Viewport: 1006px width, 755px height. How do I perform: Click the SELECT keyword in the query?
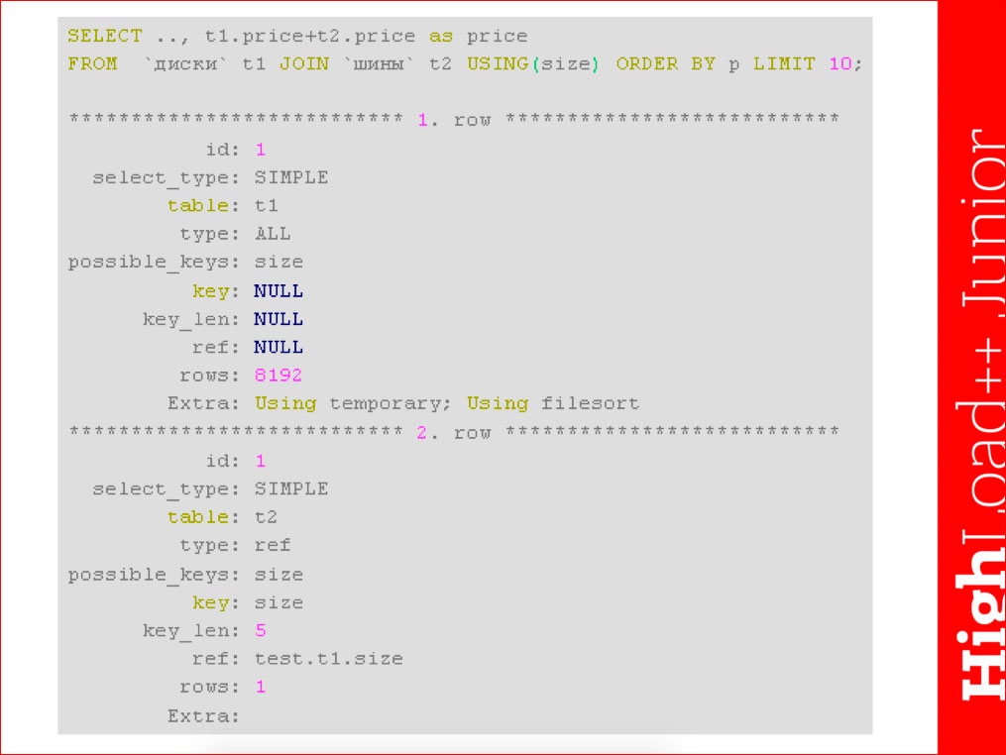point(105,36)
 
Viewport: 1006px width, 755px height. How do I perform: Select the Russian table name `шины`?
point(380,64)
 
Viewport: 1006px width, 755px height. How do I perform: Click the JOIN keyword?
point(304,63)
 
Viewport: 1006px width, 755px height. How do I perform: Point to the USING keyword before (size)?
point(498,63)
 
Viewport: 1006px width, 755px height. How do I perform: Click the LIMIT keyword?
point(784,63)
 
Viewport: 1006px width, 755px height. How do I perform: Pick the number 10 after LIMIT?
point(839,63)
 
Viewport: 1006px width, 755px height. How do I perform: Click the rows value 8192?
point(278,376)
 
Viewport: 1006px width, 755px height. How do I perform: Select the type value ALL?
point(273,234)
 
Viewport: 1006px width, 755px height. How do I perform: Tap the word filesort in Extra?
point(590,403)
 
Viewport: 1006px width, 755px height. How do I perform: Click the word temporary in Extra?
point(386,404)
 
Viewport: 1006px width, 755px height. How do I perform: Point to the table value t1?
point(267,206)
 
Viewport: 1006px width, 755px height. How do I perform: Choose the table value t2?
point(267,517)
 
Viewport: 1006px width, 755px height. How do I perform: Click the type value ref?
point(273,545)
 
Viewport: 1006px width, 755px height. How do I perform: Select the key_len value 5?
point(261,630)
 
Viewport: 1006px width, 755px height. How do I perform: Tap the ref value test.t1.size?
point(328,659)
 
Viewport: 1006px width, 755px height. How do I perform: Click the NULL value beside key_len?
point(279,319)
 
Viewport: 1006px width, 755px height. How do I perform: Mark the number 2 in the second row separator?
point(421,432)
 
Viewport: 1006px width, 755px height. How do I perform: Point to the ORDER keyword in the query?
point(646,63)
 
